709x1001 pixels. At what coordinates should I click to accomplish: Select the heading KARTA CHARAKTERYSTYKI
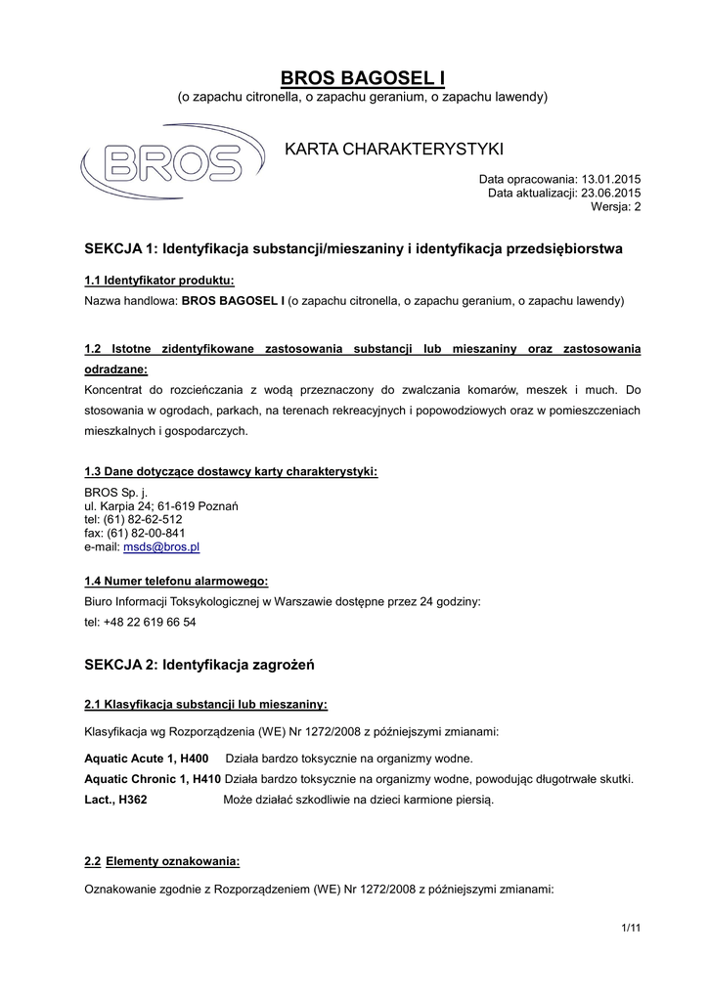point(393,149)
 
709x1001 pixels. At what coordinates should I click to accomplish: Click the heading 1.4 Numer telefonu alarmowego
point(176,581)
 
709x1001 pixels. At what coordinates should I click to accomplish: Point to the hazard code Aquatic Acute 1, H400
point(147,759)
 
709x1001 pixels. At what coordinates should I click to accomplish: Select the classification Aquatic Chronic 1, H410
point(153,779)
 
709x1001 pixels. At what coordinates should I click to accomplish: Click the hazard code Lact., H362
point(116,800)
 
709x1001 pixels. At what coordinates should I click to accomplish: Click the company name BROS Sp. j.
point(115,493)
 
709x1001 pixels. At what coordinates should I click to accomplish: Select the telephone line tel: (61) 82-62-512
point(134,520)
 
